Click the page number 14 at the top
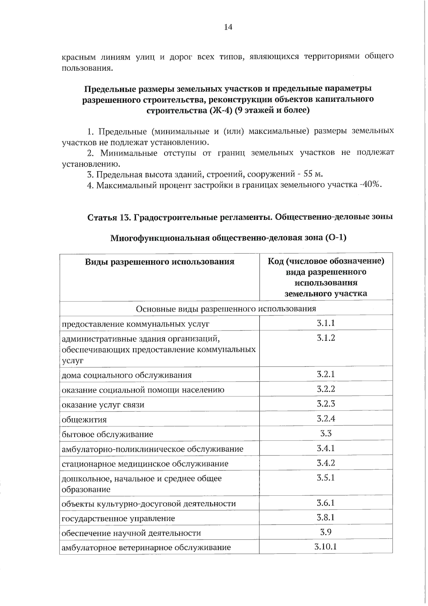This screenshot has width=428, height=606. [x=228, y=27]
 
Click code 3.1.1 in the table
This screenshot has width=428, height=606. [x=326, y=323]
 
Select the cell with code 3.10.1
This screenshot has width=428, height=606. [x=326, y=546]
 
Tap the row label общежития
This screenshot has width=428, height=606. [x=84, y=420]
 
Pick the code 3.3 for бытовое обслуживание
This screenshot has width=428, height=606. [x=326, y=433]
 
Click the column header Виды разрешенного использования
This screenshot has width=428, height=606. [x=159, y=262]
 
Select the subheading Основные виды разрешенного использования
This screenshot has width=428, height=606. [x=226, y=308]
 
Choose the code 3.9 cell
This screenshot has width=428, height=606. [x=326, y=532]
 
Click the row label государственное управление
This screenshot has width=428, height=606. [x=118, y=518]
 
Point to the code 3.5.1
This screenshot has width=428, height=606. [x=326, y=478]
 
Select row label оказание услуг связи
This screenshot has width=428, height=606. [x=103, y=405]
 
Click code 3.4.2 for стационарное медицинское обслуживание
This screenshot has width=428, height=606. [x=326, y=463]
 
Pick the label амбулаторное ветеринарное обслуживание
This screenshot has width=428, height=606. [x=146, y=547]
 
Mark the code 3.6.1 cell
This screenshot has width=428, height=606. [x=326, y=503]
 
